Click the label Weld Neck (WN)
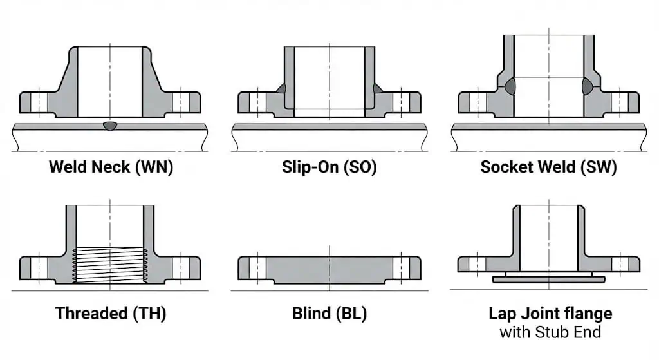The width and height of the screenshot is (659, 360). [111, 167]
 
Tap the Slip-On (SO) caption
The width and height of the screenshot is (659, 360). [329, 167]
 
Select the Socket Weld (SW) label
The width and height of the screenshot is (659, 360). [548, 167]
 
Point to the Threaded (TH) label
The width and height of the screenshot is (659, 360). [111, 314]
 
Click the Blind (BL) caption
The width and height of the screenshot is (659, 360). [329, 314]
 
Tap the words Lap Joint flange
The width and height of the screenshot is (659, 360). [550, 314]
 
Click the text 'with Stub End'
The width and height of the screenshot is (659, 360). [550, 332]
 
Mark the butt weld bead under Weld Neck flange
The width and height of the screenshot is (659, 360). [110, 126]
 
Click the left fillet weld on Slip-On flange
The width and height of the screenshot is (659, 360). [281, 88]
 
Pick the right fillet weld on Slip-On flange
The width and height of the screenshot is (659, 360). [376, 88]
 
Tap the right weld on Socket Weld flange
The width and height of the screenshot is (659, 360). [588, 86]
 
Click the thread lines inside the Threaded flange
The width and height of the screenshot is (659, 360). [110, 264]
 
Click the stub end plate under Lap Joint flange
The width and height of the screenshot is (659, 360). [548, 279]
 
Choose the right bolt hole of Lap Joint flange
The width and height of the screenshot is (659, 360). [620, 264]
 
